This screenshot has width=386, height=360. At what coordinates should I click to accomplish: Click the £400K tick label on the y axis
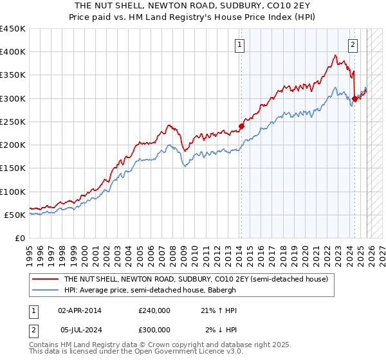point(13,52)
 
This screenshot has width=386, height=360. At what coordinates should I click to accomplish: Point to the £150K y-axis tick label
point(13,168)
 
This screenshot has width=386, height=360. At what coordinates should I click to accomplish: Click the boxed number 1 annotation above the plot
point(239,45)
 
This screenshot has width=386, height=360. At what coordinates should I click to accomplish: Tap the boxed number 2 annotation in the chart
point(353,45)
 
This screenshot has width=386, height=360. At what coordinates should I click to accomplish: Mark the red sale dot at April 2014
point(241,126)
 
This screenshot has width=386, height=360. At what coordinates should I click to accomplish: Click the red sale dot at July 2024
point(354,98)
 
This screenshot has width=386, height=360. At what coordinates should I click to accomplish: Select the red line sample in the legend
point(45,280)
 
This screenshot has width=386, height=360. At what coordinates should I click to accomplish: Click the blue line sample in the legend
point(45,289)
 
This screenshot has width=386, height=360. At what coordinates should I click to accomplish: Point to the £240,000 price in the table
point(154,310)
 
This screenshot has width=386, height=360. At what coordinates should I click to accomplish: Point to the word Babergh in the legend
point(223,289)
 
